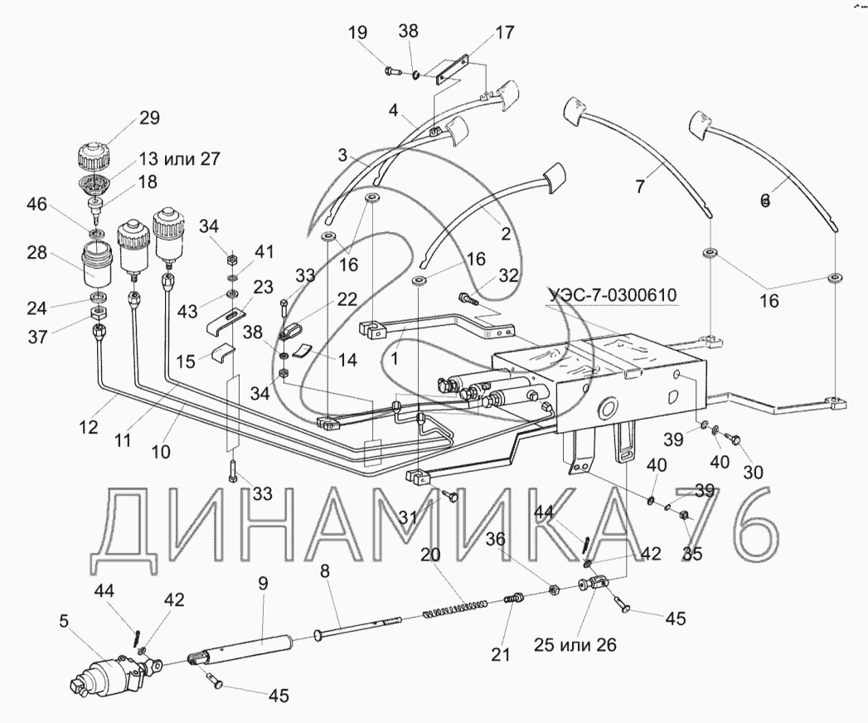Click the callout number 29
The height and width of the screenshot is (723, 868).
[x=149, y=117]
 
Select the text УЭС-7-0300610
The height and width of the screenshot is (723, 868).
[x=611, y=294]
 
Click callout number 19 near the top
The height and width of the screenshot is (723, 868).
[x=357, y=34]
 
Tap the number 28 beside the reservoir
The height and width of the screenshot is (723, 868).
[x=36, y=252]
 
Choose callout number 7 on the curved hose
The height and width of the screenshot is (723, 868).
[x=640, y=187]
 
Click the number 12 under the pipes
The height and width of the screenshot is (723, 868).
[x=89, y=429]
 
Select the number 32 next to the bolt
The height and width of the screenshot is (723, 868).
[x=508, y=276]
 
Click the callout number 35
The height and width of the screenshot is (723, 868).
[x=692, y=554]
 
